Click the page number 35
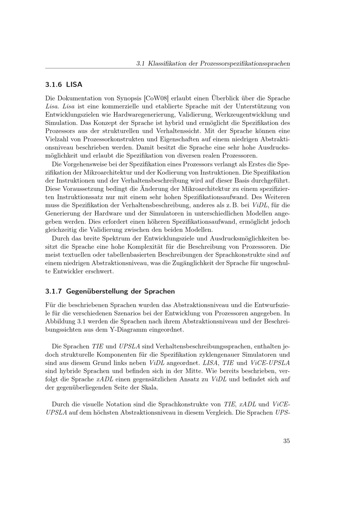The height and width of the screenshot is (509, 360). [286, 441]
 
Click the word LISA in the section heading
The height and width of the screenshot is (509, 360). [74, 85]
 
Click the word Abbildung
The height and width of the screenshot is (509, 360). [60, 321]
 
